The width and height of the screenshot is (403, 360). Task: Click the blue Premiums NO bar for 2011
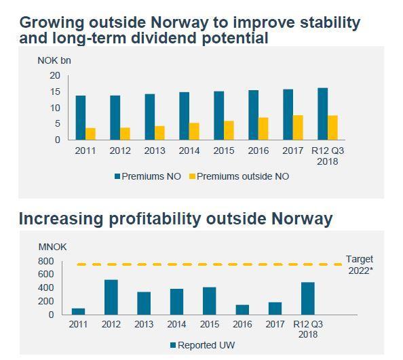(x=81, y=117)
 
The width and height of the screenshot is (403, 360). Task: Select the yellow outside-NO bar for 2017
(x=298, y=127)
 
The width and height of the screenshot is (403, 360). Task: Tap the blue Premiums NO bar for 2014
(x=185, y=116)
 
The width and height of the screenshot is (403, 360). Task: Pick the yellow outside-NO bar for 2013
(x=159, y=133)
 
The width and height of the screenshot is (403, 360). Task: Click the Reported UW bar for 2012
(x=111, y=297)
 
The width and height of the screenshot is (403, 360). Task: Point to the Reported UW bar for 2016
(x=242, y=310)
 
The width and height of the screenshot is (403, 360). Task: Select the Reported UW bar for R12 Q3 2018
(x=308, y=298)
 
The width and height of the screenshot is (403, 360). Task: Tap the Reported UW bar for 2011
(x=79, y=311)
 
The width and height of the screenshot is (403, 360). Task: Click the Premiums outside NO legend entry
(x=239, y=176)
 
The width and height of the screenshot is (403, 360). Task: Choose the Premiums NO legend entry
(x=148, y=176)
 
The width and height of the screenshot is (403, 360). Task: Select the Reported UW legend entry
(x=203, y=345)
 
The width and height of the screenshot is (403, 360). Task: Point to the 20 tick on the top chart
(x=55, y=75)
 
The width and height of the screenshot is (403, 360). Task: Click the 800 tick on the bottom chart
(x=46, y=261)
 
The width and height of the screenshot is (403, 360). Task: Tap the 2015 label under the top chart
(x=224, y=151)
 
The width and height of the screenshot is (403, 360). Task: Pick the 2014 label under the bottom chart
(x=177, y=324)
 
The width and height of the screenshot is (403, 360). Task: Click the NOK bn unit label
(x=54, y=60)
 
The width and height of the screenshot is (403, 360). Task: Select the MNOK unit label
(x=52, y=247)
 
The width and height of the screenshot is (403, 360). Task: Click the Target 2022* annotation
(x=360, y=264)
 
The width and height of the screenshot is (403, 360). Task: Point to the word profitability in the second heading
(x=155, y=219)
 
